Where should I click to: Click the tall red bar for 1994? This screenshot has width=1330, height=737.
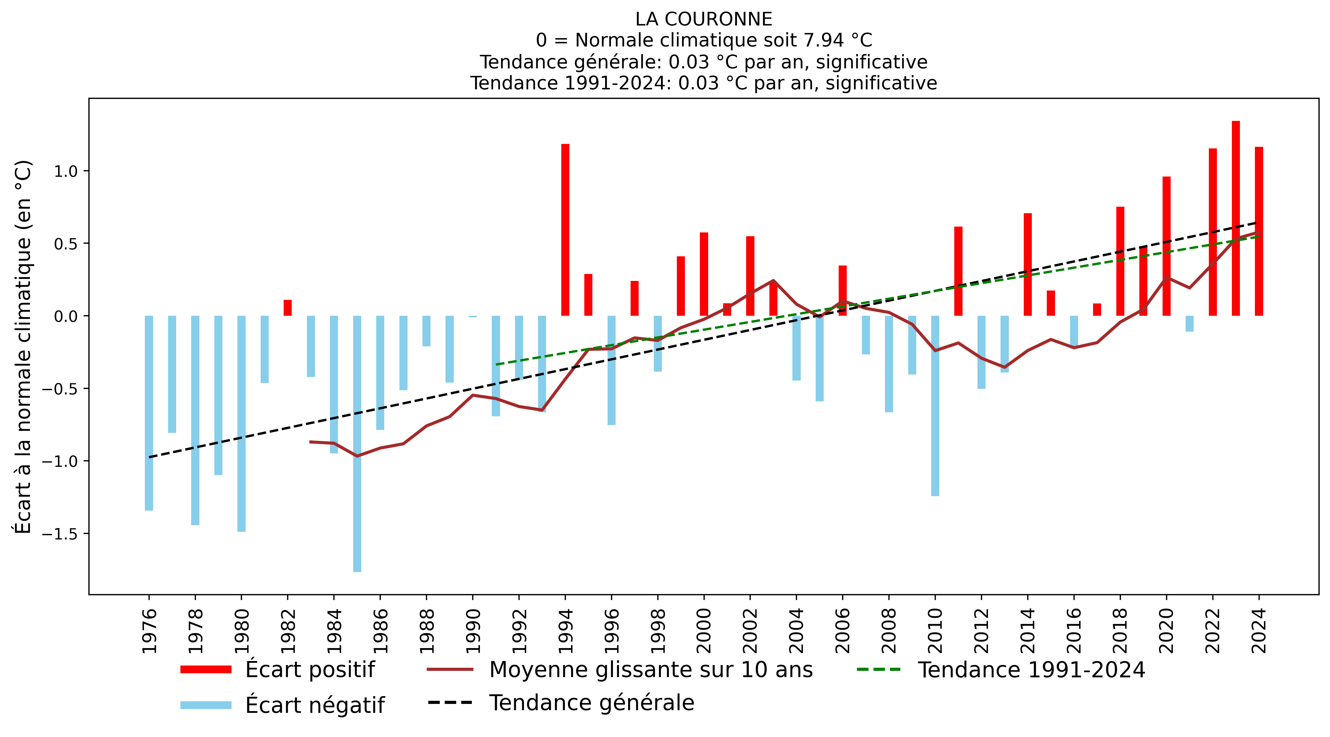point(565,230)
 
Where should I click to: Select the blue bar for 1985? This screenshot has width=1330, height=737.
point(357,444)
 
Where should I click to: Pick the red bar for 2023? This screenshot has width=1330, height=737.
point(1235,218)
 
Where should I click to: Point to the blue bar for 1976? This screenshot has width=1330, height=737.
point(149,413)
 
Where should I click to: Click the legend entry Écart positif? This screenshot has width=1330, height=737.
point(310,669)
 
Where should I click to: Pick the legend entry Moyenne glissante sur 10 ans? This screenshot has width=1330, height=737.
point(650,669)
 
